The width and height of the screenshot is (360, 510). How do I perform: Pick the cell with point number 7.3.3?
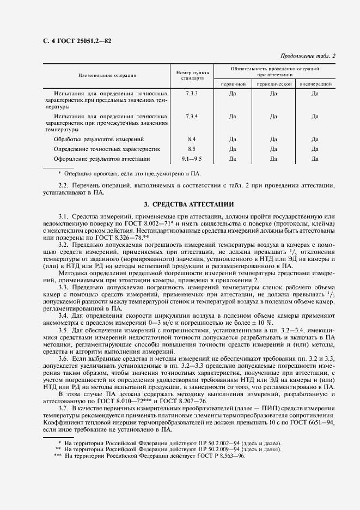click(192, 94)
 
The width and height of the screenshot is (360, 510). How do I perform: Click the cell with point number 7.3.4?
click(192, 116)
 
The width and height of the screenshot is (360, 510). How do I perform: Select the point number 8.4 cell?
click(192, 139)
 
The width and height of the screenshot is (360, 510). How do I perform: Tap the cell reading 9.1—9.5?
click(192, 159)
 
